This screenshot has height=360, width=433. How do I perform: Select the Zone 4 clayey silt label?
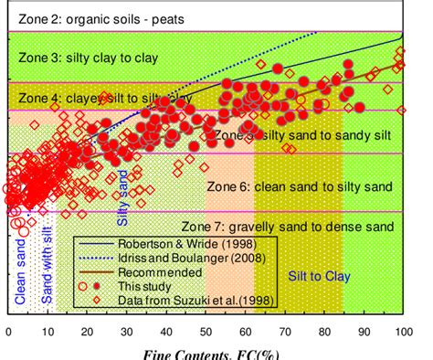coord(105,97)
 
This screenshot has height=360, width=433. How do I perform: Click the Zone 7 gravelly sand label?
coord(287,227)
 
